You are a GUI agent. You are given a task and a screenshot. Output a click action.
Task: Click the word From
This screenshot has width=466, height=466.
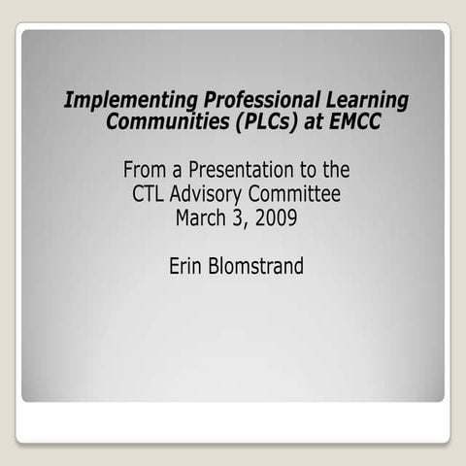[x=145, y=170]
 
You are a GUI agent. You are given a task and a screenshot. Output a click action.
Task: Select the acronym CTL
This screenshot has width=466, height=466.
[x=150, y=193]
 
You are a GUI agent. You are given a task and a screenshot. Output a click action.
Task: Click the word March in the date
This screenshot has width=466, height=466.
[x=200, y=216]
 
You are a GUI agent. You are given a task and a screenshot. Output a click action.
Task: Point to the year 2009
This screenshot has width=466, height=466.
[x=276, y=216]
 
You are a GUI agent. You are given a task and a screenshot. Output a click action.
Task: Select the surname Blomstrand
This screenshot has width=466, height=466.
[x=256, y=265]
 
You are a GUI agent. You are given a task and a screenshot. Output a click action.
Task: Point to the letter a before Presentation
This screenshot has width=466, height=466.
[x=176, y=172]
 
